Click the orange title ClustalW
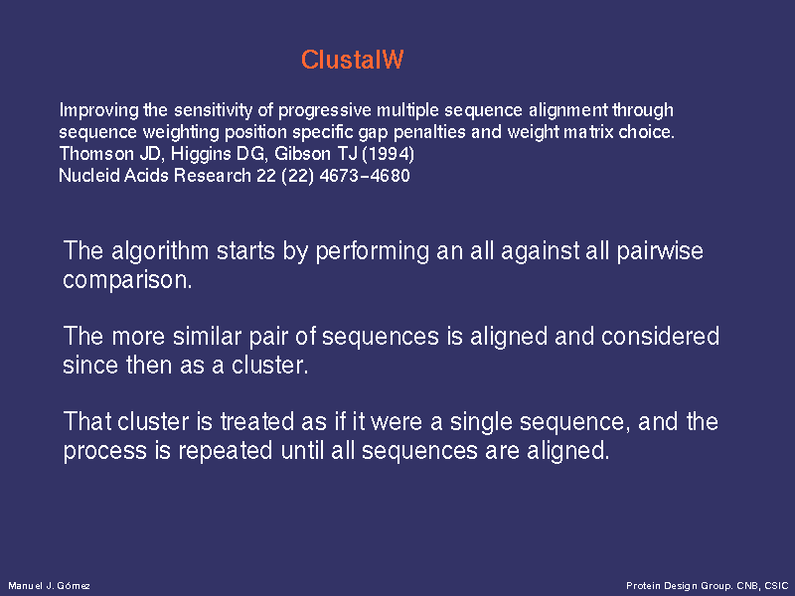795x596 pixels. tap(353, 60)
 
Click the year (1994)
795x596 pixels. tap(388, 154)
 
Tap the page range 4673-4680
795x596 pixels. tap(365, 176)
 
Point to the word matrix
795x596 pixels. tap(588, 132)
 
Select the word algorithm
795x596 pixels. tap(160, 251)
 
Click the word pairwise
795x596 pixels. tap(660, 251)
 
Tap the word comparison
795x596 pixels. tap(127, 280)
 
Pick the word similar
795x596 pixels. tap(207, 337)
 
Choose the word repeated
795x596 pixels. tap(226, 451)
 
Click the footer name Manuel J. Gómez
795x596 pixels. tap(49, 586)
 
